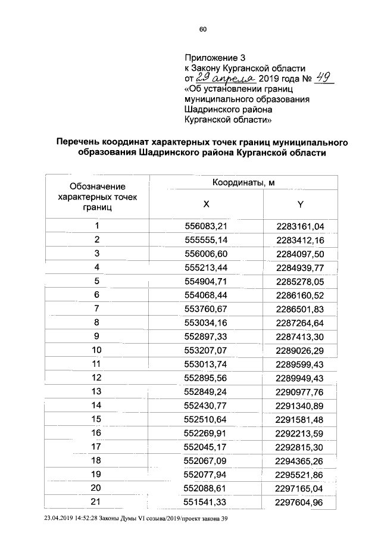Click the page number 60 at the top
[x=202, y=29]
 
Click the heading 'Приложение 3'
[x=215, y=58]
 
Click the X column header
[x=206, y=204]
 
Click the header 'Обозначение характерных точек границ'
[x=98, y=197]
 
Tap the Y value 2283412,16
[x=301, y=240]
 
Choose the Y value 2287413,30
[x=301, y=336]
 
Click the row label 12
[x=96, y=377]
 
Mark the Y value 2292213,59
[x=301, y=433]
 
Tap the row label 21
[x=96, y=502]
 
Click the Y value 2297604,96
[x=301, y=502]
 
